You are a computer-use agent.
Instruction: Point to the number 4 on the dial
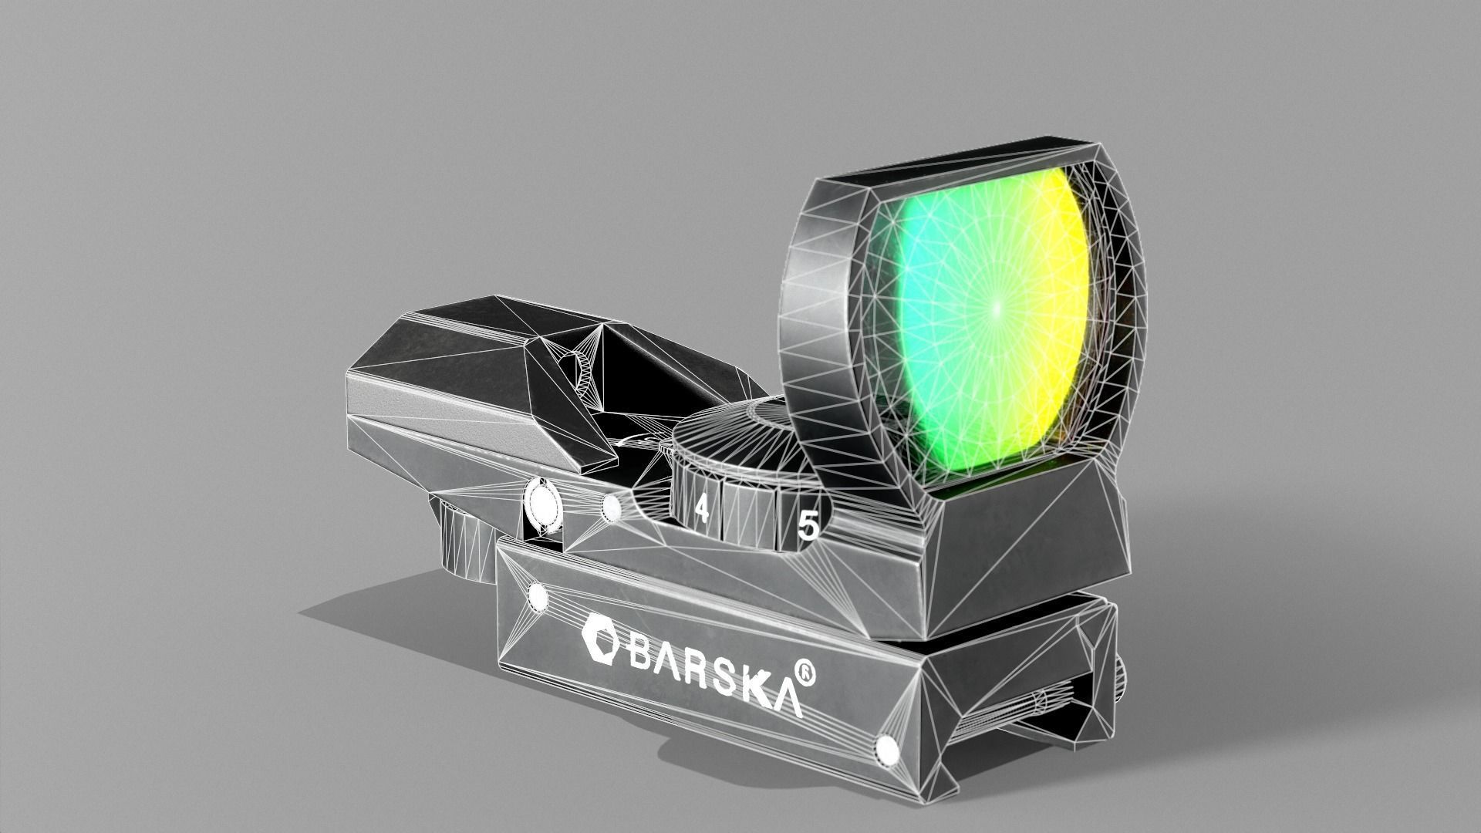pos(701,509)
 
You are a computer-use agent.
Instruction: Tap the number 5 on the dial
pos(808,526)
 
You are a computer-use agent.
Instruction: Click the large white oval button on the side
pos(542,504)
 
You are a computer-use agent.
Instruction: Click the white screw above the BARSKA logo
pos(536,595)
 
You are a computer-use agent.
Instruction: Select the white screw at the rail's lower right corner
pos(886,747)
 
